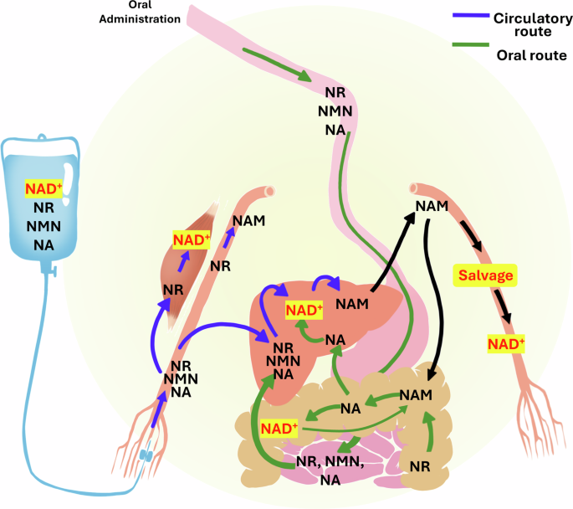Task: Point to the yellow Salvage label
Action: point(483,275)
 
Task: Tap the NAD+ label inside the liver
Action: point(304,311)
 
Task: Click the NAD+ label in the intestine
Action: point(279,428)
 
